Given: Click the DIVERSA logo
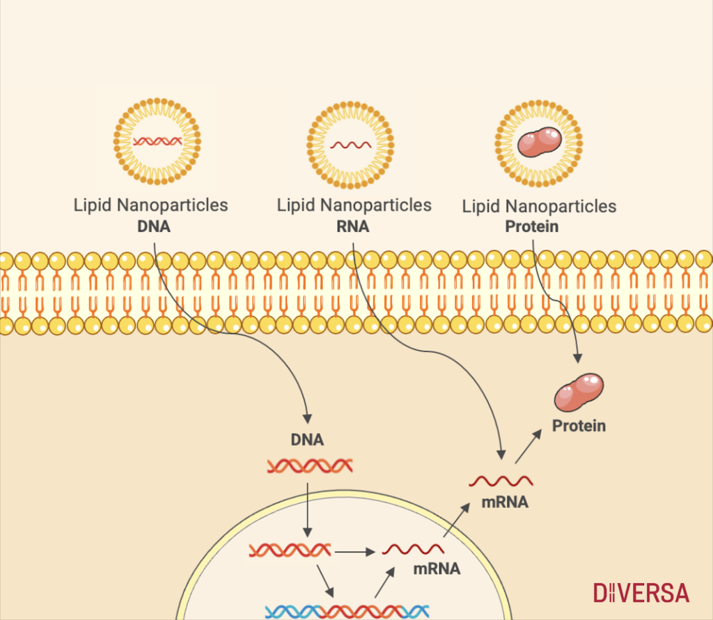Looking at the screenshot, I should (641, 593).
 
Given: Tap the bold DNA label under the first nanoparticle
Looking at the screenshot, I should (154, 226).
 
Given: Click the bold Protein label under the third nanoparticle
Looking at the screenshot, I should (532, 226).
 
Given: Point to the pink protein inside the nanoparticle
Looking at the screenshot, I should (540, 143).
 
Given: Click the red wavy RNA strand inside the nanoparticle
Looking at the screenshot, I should (350, 145).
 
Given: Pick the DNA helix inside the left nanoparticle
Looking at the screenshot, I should (157, 141).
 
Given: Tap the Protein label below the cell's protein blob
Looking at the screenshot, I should (579, 425).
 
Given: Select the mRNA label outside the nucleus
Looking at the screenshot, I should (505, 501).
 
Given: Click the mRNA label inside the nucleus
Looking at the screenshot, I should (437, 569).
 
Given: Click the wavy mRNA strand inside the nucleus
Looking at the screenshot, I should (413, 550).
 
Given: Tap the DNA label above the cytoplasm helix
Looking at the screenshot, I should (306, 440).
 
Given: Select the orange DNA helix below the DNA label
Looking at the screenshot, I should (309, 466).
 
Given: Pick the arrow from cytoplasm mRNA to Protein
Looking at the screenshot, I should (528, 446).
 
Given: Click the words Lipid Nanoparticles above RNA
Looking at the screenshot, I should (354, 205).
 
